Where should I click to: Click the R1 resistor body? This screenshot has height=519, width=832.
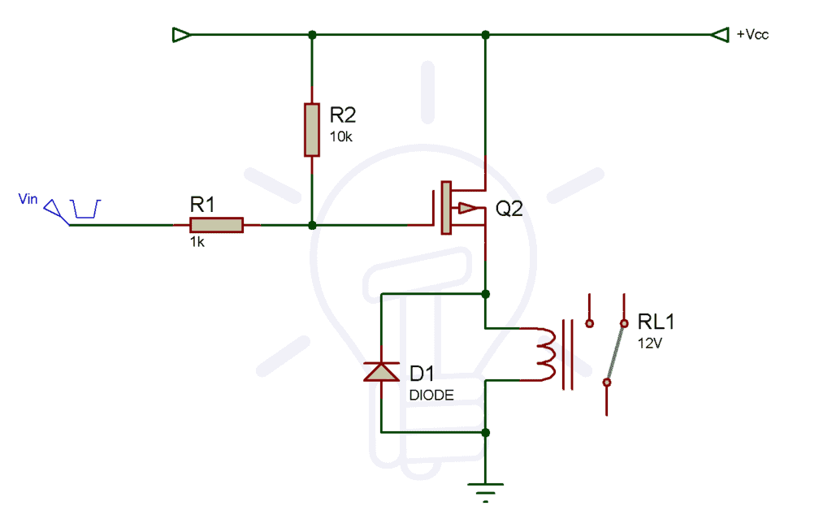pyautogui.click(x=216, y=225)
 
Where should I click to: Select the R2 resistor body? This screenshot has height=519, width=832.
pyautogui.click(x=312, y=129)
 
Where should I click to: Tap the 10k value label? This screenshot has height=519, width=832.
pyautogui.click(x=340, y=136)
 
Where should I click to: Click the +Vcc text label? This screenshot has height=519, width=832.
pyautogui.click(x=752, y=35)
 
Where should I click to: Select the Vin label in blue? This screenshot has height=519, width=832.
pyautogui.click(x=28, y=199)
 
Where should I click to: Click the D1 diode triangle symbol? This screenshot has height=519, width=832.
pyautogui.click(x=380, y=371)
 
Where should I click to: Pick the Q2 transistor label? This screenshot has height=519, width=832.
pyautogui.click(x=509, y=209)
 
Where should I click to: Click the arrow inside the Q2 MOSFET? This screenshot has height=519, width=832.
pyautogui.click(x=466, y=208)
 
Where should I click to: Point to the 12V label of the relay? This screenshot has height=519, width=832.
pyautogui.click(x=650, y=343)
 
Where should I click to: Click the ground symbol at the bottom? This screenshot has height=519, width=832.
pyautogui.click(x=485, y=490)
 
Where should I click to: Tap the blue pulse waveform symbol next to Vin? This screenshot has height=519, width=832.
pyautogui.click(x=85, y=209)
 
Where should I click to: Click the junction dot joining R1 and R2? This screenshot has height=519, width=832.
pyautogui.click(x=312, y=225)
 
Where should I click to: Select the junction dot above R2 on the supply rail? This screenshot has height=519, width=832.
pyautogui.click(x=312, y=35)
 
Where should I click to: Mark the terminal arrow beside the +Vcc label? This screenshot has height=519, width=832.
pyautogui.click(x=720, y=35)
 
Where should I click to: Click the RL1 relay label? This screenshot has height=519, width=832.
pyautogui.click(x=656, y=322)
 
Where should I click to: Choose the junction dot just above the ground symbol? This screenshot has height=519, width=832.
pyautogui.click(x=485, y=433)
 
